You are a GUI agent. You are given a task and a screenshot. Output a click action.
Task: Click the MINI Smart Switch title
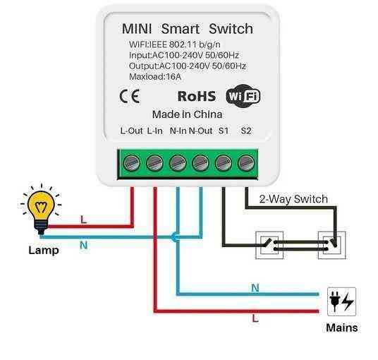187,29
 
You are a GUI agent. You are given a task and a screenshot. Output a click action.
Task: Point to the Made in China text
187,114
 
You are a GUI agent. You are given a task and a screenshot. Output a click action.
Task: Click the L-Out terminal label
131,131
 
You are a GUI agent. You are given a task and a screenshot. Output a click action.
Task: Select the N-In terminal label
178,131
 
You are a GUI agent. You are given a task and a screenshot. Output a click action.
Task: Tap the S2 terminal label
245,131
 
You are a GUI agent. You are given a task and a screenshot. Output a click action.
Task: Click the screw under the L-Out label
132,163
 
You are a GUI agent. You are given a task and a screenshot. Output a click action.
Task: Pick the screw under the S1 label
224,163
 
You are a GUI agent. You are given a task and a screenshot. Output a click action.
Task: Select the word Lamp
43,250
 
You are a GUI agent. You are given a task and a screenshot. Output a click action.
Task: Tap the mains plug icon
341,301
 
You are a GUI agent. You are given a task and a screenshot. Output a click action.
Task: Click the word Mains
341,328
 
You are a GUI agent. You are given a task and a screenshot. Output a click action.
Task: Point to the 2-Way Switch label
293,199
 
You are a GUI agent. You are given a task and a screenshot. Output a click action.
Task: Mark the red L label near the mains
255,318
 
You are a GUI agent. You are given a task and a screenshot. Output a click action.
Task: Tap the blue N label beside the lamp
83,244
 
